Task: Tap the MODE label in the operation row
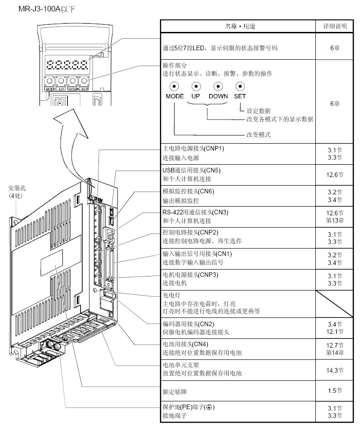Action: [x=175, y=96]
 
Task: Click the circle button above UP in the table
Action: [x=196, y=86]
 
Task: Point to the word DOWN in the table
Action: [x=218, y=96]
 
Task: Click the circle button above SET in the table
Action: [x=240, y=86]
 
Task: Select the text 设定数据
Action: [x=258, y=110]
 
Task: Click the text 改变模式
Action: [x=258, y=135]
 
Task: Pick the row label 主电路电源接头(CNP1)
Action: [x=193, y=149]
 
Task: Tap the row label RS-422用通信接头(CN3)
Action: [x=195, y=212]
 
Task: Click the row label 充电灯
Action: [x=169, y=295]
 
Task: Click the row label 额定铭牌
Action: [x=172, y=391]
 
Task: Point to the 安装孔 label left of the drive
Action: [x=17, y=187]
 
